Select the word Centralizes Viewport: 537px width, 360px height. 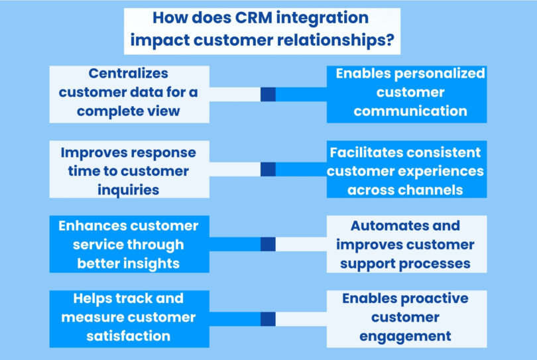(129, 73)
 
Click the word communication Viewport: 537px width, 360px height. (406, 111)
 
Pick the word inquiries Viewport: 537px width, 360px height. (129, 190)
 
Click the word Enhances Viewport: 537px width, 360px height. (96, 226)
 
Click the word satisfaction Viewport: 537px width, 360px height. (129, 336)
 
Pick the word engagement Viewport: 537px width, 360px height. (406, 336)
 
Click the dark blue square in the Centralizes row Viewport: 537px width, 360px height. (268, 94)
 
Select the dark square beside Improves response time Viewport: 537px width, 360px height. (268, 169)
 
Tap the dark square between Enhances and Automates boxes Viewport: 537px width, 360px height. (268, 244)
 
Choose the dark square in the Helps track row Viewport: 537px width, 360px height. (268, 319)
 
